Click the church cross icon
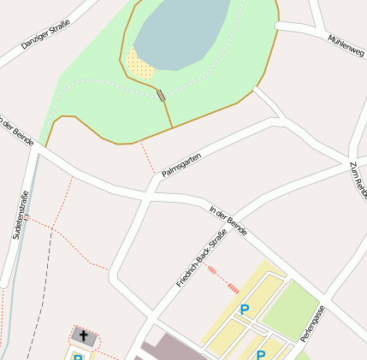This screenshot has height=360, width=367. pyautogui.click(x=84, y=334)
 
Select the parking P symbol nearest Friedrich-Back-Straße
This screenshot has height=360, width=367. pyautogui.click(x=244, y=310)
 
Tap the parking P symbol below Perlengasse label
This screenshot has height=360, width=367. pyautogui.click(x=261, y=353)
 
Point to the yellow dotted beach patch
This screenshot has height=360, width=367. pyautogui.click(x=139, y=64)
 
